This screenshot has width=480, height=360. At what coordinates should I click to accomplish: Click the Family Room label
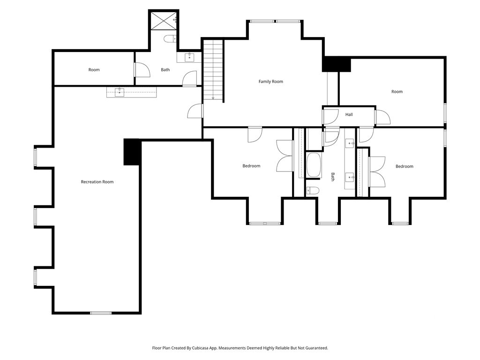(270, 82)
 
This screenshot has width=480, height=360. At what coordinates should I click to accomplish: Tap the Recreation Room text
(97, 182)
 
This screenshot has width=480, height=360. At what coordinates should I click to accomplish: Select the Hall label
(349, 114)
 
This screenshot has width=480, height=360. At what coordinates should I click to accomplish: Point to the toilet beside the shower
(170, 39)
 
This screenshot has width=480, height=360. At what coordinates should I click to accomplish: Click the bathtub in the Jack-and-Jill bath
(314, 165)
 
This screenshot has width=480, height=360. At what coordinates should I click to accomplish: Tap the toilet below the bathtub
(312, 190)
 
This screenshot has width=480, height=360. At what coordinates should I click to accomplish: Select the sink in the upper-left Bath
(189, 57)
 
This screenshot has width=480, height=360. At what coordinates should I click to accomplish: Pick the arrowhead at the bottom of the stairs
(213, 98)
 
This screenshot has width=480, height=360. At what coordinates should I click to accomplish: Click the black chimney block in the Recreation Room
(132, 152)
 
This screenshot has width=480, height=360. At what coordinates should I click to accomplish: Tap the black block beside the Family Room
(336, 64)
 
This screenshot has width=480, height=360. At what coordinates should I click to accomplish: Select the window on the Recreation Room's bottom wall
(101, 313)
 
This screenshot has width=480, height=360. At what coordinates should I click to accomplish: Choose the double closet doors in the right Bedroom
(377, 165)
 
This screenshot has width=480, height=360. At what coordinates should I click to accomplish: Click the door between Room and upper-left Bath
(141, 70)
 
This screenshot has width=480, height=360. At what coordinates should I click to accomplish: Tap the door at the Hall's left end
(331, 116)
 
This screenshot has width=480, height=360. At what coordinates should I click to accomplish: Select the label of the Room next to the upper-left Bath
(94, 70)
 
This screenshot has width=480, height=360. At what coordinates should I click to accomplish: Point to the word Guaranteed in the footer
(316, 348)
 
